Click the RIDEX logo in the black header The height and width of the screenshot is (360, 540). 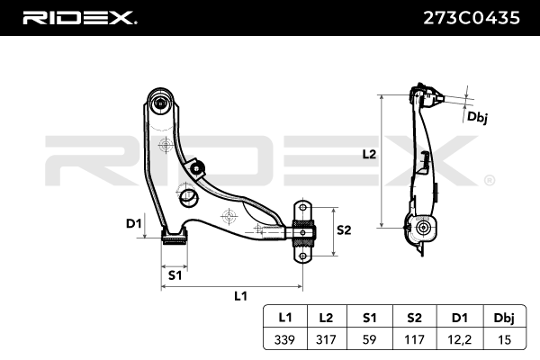click(x=79, y=18)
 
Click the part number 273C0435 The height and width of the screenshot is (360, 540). click(x=471, y=18)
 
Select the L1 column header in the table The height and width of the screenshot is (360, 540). click(x=285, y=317)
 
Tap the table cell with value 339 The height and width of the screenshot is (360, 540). click(x=285, y=339)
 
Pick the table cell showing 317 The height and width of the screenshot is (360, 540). click(x=326, y=339)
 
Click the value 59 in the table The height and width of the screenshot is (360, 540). click(x=370, y=339)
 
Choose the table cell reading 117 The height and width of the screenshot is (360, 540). click(x=414, y=339)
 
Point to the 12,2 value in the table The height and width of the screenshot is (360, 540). click(x=460, y=339)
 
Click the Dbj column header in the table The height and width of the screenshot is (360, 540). click(x=504, y=318)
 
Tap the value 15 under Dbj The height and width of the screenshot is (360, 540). click(x=505, y=339)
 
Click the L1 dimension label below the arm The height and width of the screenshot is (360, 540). click(x=240, y=296)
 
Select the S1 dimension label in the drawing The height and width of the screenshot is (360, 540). click(x=175, y=275)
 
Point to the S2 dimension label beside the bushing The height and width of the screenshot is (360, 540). click(x=344, y=229)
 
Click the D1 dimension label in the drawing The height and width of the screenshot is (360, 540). click(x=134, y=224)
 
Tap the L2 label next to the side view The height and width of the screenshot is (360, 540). click(x=369, y=154)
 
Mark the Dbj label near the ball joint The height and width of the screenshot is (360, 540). click(x=477, y=117)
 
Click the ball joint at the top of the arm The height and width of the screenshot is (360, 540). click(x=161, y=103)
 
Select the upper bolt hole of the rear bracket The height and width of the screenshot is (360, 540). click(x=302, y=208)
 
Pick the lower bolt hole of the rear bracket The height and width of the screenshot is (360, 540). click(x=302, y=256)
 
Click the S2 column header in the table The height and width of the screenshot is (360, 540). click(x=414, y=317)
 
